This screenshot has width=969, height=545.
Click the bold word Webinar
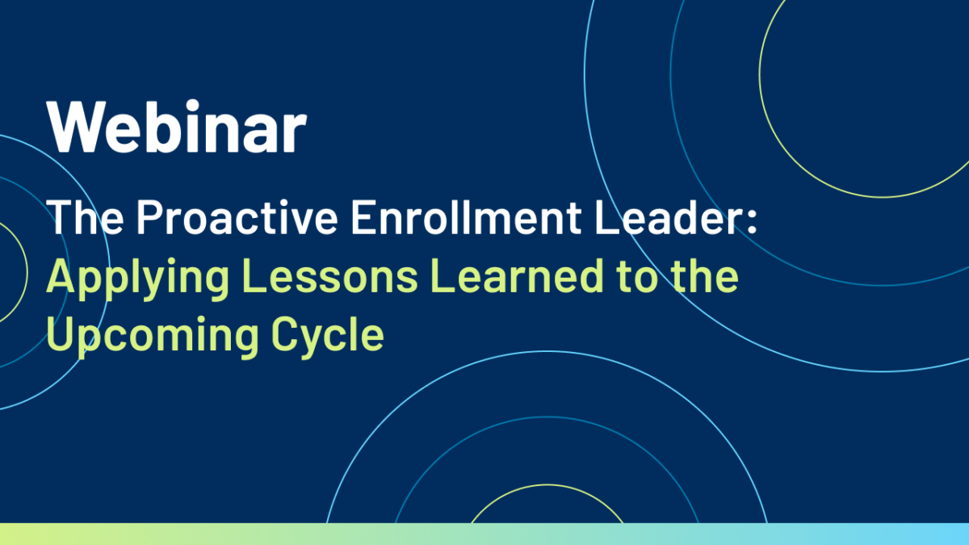pyautogui.click(x=177, y=126)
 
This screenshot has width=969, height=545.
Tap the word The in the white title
pyautogui.click(x=86, y=216)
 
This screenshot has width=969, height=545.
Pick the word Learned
pyautogui.click(x=518, y=276)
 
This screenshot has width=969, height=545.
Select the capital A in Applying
pyautogui.click(x=64, y=276)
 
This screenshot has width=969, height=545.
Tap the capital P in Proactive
pyautogui.click(x=150, y=217)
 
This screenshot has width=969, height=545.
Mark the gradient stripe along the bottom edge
pyautogui.click(x=484, y=535)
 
